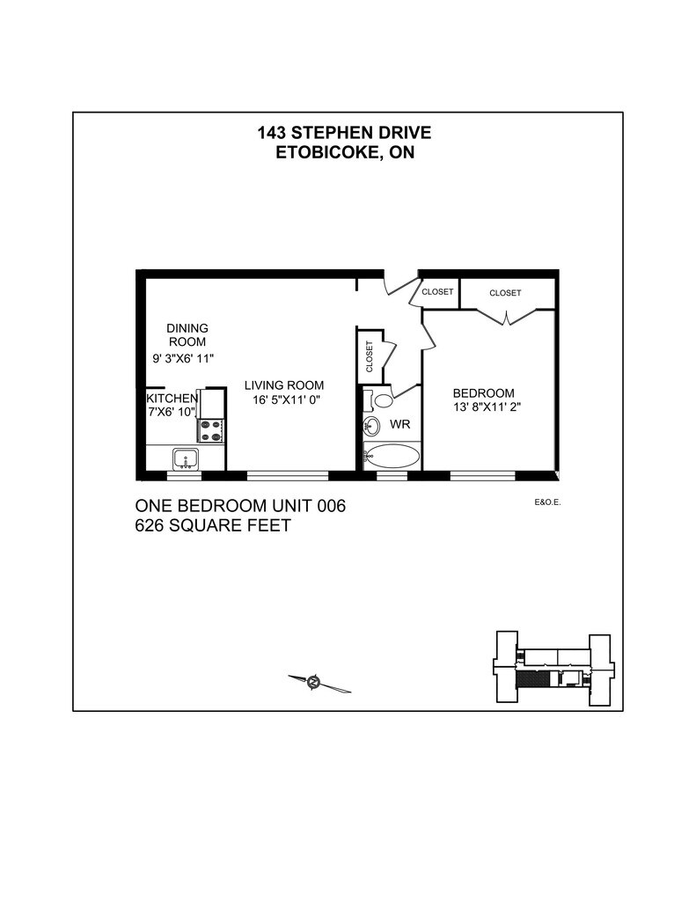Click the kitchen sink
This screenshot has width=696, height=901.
pyautogui.click(x=186, y=459)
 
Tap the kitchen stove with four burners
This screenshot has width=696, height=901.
pyautogui.click(x=211, y=431)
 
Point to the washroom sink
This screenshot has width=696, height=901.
pyautogui.click(x=372, y=427)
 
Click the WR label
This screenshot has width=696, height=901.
pyautogui.click(x=400, y=425)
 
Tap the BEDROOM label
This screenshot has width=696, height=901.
pyautogui.click(x=483, y=393)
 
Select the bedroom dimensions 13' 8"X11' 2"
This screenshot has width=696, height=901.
pyautogui.click(x=487, y=407)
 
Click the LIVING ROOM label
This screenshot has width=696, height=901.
pyautogui.click(x=284, y=385)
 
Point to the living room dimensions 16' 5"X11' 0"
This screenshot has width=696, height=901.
pyautogui.click(x=286, y=400)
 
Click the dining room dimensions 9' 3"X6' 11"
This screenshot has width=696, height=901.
pyautogui.click(x=183, y=359)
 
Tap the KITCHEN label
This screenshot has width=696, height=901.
pyautogui.click(x=172, y=399)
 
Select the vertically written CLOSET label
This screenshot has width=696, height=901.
pyautogui.click(x=369, y=356)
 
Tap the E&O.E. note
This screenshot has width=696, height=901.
pyautogui.click(x=547, y=502)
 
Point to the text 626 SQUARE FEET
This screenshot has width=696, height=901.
pyautogui.click(x=213, y=526)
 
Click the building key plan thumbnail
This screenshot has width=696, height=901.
pyautogui.click(x=554, y=668)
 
